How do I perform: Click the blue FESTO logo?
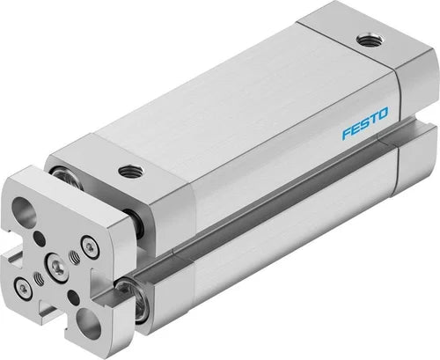(365, 123)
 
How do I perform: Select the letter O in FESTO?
(382, 114)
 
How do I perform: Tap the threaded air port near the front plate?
(130, 171)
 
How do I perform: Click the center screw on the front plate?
(56, 266)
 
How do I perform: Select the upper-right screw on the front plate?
(90, 247)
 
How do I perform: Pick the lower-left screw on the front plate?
(23, 289)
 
